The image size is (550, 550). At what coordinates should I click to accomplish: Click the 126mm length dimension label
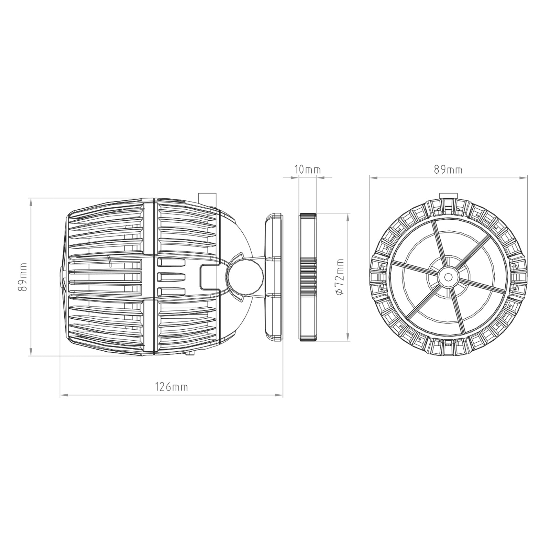pos(171,387)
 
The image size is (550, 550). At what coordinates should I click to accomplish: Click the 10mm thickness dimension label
pos(308,170)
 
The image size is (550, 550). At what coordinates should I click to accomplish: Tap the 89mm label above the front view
pos(448,170)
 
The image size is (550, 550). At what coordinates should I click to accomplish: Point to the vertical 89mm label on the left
pos(23,277)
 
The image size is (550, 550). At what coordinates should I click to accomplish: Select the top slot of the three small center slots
pos(171,263)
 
